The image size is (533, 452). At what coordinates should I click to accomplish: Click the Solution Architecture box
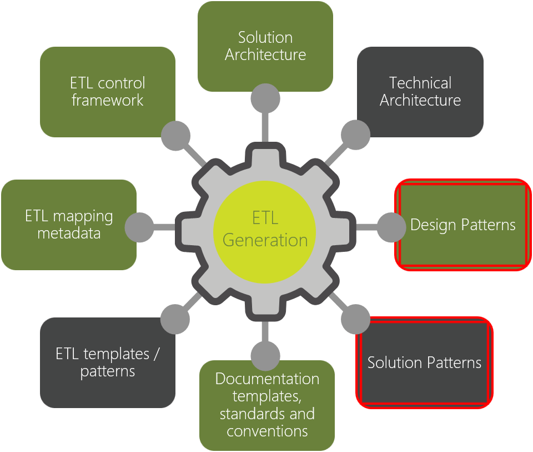click(265, 47)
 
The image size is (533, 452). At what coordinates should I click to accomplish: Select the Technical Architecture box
click(420, 92)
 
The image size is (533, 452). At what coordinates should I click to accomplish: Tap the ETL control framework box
click(108, 92)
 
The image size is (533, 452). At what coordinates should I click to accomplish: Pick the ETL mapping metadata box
click(69, 225)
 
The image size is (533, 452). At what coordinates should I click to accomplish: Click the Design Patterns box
click(462, 225)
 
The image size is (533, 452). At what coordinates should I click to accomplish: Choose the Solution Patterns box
click(424, 362)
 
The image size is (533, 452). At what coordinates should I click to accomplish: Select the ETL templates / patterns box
click(108, 362)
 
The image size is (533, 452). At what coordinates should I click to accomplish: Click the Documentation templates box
click(267, 405)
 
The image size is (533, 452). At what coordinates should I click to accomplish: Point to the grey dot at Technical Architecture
click(355, 135)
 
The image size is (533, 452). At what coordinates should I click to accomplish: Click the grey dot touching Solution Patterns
click(355, 320)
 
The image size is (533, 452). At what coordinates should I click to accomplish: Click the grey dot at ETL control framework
click(175, 135)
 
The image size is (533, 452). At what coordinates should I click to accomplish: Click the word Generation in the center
click(265, 240)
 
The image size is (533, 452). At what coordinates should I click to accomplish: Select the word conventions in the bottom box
click(267, 431)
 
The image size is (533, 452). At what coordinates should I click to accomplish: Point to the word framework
click(108, 101)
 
